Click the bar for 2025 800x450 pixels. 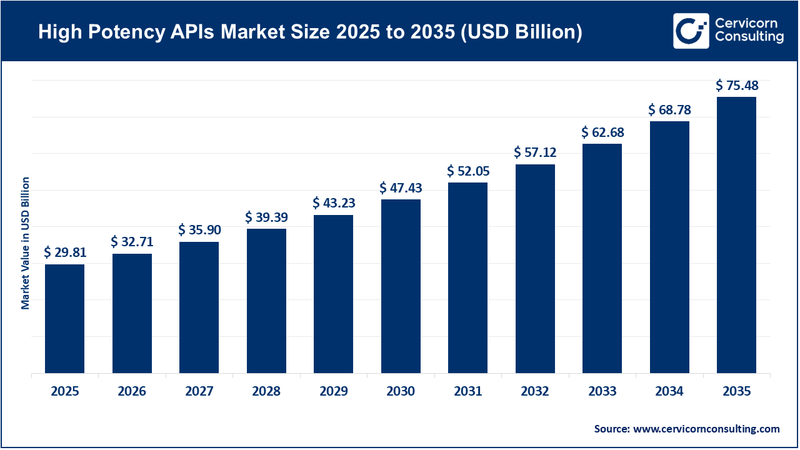[x=64, y=319]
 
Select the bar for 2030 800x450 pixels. [x=401, y=286]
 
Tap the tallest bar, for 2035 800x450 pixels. [x=736, y=235]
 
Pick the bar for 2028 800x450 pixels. [x=266, y=301]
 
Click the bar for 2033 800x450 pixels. [x=602, y=259]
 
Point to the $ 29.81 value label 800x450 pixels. [x=65, y=252]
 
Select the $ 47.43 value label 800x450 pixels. [x=401, y=187]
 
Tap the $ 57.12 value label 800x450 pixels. [x=535, y=152]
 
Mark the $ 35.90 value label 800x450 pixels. [x=199, y=230]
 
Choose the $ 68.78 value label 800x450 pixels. [x=669, y=109]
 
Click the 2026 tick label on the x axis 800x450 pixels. [x=132, y=392]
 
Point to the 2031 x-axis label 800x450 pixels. [x=467, y=392]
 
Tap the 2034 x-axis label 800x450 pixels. [x=669, y=392]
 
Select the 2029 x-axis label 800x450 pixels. [x=333, y=392]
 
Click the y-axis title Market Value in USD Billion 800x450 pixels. [x=26, y=243]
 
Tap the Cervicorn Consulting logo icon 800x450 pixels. [x=691, y=31]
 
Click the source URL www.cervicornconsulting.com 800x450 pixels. [x=706, y=429]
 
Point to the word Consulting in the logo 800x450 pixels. [x=748, y=37]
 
